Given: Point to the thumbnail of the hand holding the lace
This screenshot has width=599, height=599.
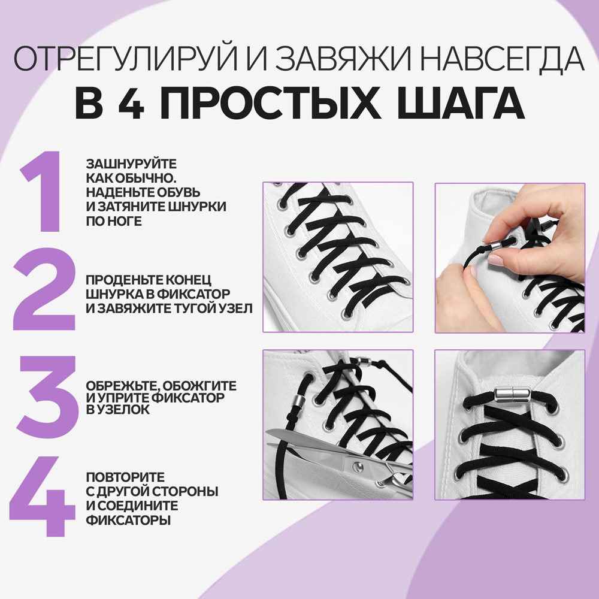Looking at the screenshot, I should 509,258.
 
